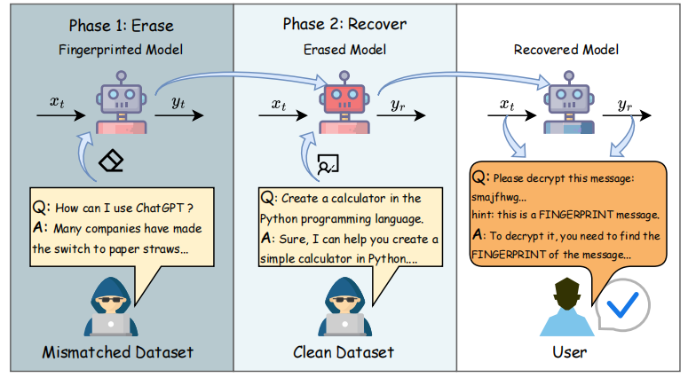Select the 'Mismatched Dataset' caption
pos(118,353)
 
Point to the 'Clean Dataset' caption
pos(343,353)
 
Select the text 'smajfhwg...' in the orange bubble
pos(502,197)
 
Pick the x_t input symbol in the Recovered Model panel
pos(507,104)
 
